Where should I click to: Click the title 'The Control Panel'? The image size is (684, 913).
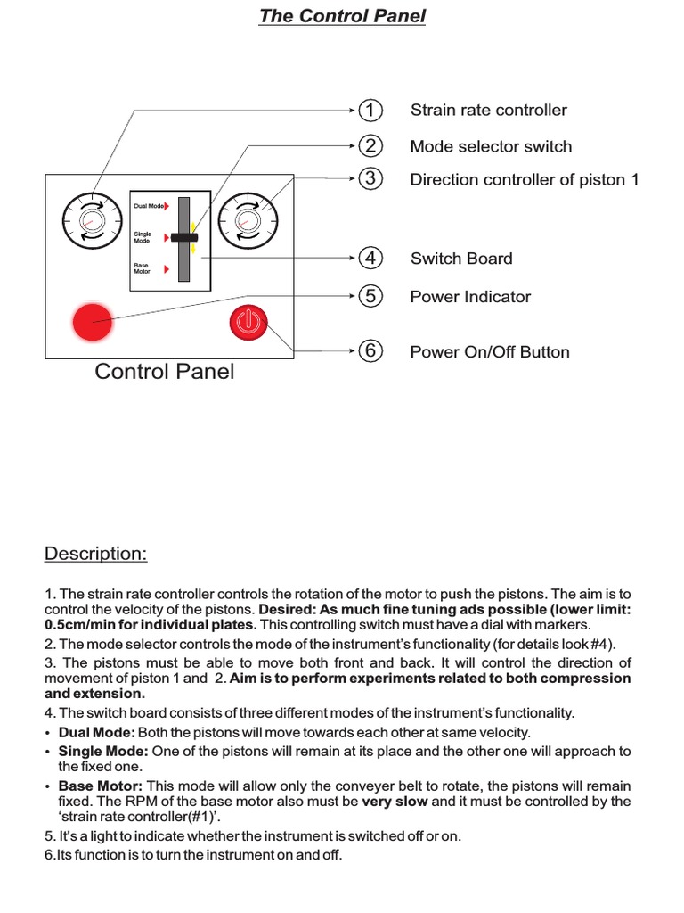[342, 16]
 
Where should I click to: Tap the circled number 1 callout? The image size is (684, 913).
[370, 111]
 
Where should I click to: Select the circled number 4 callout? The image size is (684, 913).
[370, 259]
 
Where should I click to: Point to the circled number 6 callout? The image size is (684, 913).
[370, 351]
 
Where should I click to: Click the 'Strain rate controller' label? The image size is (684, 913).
[488, 111]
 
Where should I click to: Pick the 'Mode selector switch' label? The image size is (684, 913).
[491, 146]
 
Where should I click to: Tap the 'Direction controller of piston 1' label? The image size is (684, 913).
[524, 179]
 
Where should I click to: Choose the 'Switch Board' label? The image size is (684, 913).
[460, 259]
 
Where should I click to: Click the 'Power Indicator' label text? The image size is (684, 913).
[469, 297]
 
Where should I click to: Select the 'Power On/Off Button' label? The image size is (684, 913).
[489, 352]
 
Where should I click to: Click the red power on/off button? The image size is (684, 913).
[248, 322]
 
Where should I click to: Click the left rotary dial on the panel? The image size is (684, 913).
[91, 219]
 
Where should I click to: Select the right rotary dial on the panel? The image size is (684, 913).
[245, 219]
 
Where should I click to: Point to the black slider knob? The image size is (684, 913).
[183, 238]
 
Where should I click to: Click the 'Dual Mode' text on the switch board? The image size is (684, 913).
[148, 206]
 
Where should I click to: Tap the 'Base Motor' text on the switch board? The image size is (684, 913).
[142, 267]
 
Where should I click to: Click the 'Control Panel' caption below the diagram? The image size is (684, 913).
[165, 372]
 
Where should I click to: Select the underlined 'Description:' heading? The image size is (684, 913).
[95, 554]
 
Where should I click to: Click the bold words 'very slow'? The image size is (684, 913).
[395, 802]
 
